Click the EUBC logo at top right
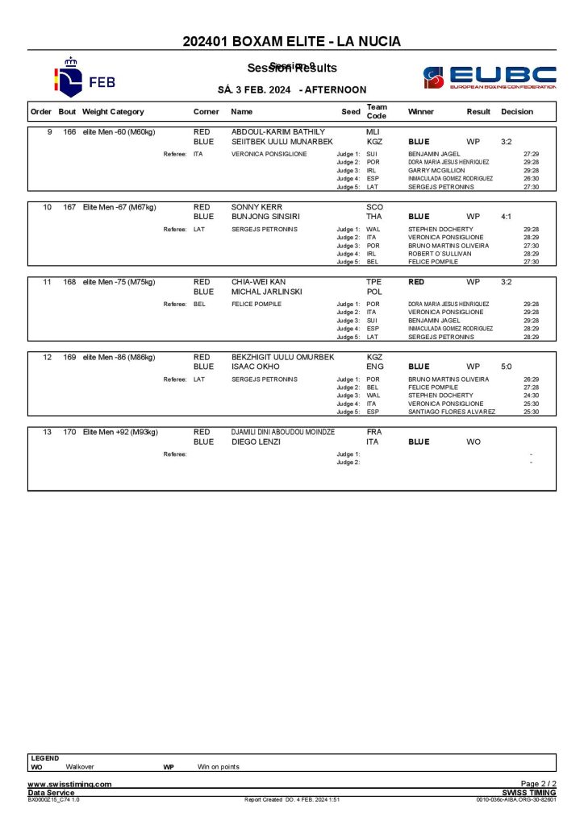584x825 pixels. (x=489, y=77)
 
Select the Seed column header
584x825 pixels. (x=351, y=112)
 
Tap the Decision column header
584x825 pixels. (x=517, y=112)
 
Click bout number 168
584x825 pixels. (x=69, y=282)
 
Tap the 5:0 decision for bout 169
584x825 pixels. (x=506, y=367)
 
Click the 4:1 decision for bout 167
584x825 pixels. (x=506, y=217)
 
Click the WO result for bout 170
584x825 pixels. (x=473, y=442)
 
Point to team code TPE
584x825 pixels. (x=374, y=282)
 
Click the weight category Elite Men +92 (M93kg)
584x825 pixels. (x=120, y=432)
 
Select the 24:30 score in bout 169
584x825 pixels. (x=531, y=396)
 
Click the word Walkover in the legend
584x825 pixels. (x=81, y=766)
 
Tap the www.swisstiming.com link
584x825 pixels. (x=69, y=784)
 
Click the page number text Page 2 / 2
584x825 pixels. (x=538, y=784)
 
